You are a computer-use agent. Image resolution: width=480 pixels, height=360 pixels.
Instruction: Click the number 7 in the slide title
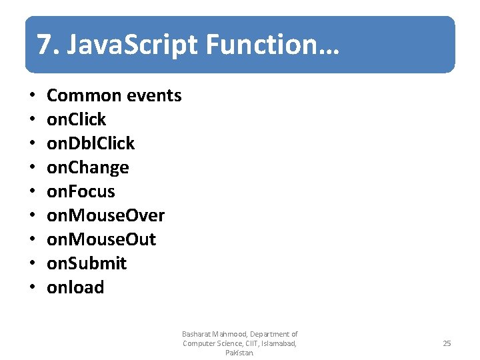(43, 45)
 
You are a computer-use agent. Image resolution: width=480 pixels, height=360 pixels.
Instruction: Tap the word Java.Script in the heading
(134, 45)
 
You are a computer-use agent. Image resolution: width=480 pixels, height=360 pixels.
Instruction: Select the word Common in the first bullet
(82, 95)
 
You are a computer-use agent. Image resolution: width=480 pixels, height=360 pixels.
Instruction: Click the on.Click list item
(76, 119)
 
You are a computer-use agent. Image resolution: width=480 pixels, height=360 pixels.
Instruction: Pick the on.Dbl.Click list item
(91, 143)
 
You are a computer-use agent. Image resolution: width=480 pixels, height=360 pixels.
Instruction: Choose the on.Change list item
(87, 167)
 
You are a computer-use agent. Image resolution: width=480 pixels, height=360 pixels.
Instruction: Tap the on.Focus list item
(81, 191)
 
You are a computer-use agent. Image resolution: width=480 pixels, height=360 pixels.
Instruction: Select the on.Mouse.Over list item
(105, 215)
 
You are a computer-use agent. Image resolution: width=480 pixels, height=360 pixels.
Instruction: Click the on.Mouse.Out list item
(101, 239)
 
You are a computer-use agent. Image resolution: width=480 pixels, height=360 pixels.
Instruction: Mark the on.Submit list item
(87, 263)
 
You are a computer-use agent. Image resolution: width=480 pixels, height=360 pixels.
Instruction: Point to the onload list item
(75, 287)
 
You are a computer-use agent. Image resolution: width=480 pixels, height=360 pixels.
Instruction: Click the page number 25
(447, 343)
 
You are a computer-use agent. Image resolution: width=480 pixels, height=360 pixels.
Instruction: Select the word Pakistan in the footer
(239, 353)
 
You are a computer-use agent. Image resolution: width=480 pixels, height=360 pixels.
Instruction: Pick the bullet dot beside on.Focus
(33, 192)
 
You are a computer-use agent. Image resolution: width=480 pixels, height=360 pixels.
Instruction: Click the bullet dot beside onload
(33, 288)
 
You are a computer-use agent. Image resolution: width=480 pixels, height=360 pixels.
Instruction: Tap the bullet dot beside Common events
(33, 96)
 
